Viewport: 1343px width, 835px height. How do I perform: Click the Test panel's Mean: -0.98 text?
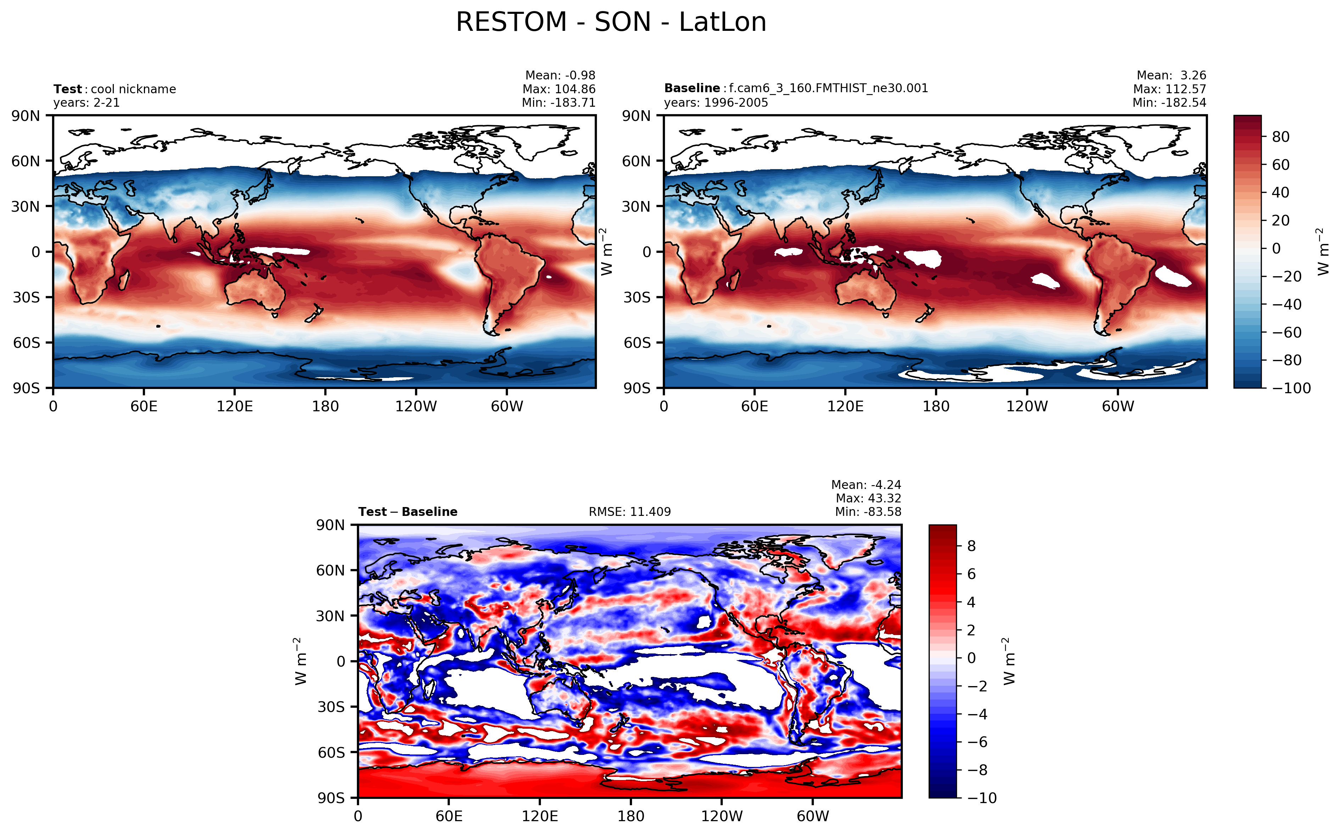pyautogui.click(x=560, y=75)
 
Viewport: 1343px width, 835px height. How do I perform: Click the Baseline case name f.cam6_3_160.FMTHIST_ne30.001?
pyautogui.click(x=828, y=88)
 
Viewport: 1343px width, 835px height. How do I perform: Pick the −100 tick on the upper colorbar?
pyautogui.click(x=1291, y=388)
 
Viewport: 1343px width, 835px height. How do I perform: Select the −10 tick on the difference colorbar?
pyautogui.click(x=982, y=798)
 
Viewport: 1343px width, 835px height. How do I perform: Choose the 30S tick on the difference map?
pyautogui.click(x=331, y=707)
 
